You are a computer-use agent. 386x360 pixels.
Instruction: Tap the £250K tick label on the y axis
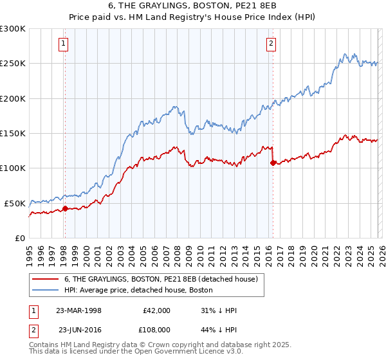coord(13,64)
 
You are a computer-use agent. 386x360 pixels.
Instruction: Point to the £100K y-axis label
coord(13,168)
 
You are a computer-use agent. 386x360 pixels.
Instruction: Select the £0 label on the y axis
coord(21,238)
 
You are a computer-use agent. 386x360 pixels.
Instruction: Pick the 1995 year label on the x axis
coord(29,252)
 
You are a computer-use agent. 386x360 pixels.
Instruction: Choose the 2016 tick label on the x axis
coord(267,252)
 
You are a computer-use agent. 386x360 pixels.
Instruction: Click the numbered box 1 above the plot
coord(64,44)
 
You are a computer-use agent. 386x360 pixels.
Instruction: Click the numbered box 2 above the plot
coord(271,44)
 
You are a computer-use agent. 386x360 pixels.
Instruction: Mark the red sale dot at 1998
coord(65,208)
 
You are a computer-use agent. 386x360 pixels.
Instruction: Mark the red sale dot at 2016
coord(273,163)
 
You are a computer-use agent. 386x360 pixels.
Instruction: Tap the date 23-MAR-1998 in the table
coord(78,310)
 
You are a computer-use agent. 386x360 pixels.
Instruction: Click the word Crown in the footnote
coord(161,345)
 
